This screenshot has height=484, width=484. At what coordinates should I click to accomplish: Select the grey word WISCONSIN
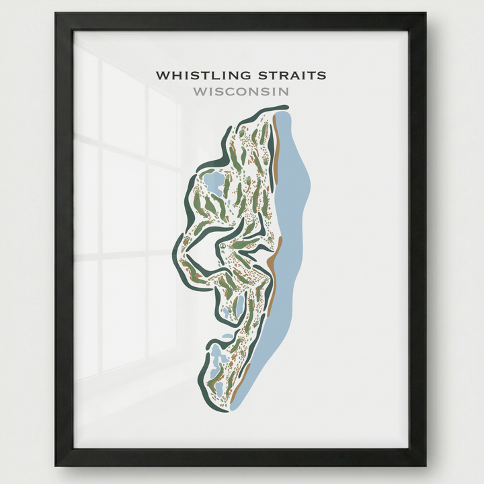click(241, 91)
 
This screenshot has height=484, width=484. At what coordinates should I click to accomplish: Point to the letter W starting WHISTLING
click(162, 75)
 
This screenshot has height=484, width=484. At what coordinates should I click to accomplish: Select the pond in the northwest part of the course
click(214, 182)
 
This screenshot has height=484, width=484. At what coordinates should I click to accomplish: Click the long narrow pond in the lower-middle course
click(239, 306)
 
